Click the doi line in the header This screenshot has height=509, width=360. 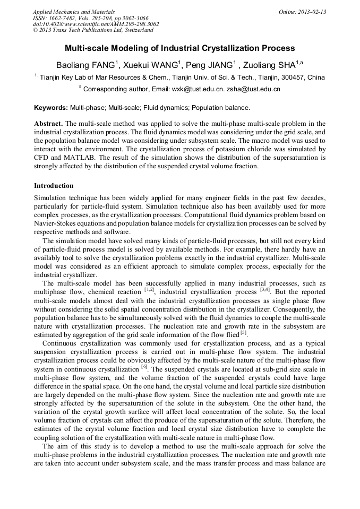[96, 24]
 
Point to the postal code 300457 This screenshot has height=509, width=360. [290, 77]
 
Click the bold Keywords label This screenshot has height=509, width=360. [51, 108]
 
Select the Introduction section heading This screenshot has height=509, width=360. [54, 186]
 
